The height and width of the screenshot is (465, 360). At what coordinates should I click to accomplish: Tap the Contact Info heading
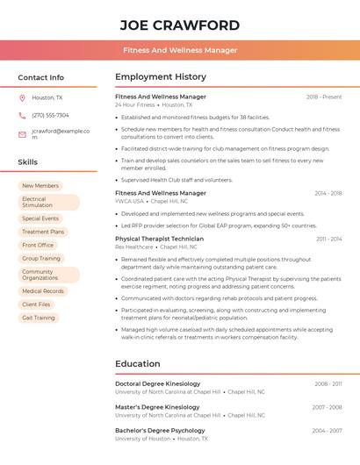40,77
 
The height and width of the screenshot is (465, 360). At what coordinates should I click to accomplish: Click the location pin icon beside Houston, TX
22,97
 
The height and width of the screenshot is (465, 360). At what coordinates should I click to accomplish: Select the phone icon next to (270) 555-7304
22,115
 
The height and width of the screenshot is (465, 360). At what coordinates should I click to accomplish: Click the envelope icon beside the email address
22,134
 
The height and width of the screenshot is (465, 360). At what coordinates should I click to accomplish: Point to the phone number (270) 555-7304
50,115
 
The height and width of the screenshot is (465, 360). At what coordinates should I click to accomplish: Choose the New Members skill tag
40,186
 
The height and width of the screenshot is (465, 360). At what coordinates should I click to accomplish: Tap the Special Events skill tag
40,218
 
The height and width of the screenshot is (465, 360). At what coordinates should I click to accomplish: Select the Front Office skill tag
39,245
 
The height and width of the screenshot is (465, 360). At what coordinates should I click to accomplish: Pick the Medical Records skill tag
43,291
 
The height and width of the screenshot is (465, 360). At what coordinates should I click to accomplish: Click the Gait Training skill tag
39,318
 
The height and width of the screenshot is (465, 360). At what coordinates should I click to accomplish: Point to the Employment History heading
161,77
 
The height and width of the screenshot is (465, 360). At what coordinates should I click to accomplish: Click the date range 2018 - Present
324,97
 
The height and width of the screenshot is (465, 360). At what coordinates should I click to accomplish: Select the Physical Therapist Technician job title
159,239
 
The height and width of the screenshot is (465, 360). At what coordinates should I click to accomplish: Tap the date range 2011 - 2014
329,239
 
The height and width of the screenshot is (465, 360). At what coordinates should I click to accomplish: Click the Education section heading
138,364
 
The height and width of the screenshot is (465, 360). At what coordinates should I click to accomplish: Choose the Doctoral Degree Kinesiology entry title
157,383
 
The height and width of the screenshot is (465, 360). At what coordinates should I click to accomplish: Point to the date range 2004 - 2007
328,431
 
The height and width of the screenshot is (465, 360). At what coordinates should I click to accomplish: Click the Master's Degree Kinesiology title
157,407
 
